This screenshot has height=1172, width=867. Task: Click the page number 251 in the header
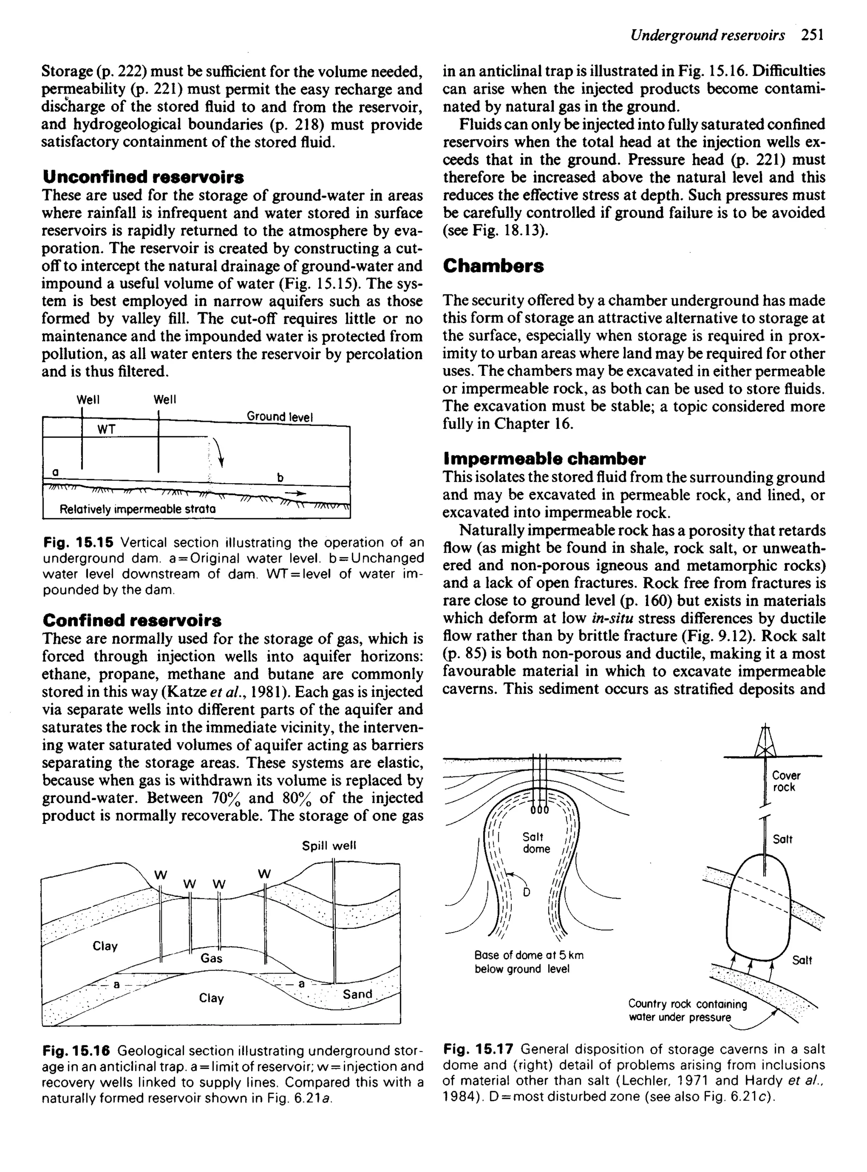(813, 35)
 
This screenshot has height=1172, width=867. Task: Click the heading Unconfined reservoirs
(143, 177)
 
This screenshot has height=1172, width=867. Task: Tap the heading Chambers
(493, 266)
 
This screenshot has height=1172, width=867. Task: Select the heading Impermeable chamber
(544, 459)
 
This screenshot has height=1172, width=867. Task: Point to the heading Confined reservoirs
(132, 620)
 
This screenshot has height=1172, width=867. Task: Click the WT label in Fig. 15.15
(107, 429)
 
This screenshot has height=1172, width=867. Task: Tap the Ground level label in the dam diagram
(279, 416)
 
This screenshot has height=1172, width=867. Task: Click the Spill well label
(329, 846)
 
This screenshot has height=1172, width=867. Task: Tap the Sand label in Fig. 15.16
(357, 994)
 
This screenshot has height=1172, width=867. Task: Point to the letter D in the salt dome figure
(526, 892)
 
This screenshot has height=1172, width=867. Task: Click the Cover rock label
(786, 781)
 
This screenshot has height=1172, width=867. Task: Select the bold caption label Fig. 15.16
(77, 1051)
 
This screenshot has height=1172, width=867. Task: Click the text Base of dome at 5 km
(528, 955)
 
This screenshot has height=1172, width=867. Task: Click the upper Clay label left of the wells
(105, 946)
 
